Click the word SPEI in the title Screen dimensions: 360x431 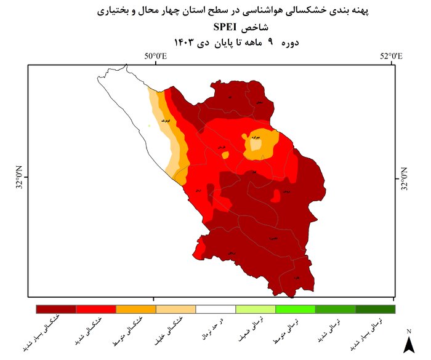tap(228, 26)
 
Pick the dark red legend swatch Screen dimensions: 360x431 tap(56, 309)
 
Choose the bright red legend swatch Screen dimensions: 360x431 tap(96, 309)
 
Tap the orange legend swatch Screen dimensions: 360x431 tap(136, 309)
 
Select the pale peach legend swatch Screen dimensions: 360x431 tap(176, 309)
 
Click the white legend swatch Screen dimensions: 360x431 tap(216, 309)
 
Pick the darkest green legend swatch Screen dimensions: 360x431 tap(376, 309)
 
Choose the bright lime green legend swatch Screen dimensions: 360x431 tap(296, 309)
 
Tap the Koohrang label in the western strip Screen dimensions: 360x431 tap(163, 121)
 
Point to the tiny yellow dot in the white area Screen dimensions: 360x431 tap(148, 127)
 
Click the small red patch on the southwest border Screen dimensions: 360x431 tap(199, 249)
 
